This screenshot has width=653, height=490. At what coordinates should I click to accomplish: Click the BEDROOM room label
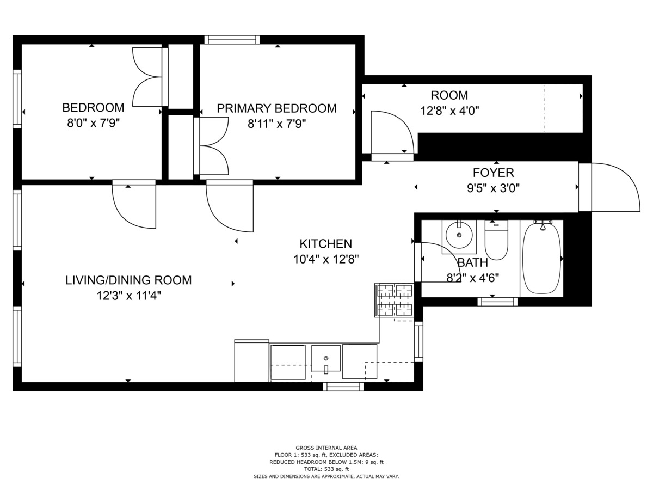93,107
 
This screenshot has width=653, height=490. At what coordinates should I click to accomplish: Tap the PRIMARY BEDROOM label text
276,108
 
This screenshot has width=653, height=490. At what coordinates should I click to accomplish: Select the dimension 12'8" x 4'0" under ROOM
449,111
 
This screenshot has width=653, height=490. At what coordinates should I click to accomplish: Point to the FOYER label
494,173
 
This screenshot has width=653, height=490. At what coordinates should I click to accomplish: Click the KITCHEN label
326,244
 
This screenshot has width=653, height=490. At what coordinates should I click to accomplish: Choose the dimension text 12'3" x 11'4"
129,296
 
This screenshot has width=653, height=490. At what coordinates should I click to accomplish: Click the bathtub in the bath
542,258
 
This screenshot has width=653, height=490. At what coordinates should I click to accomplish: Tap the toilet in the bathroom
496,240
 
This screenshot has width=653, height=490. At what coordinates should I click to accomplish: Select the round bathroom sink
459,236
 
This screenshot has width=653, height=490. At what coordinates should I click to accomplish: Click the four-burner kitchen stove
395,300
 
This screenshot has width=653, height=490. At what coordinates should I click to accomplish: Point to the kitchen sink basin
326,358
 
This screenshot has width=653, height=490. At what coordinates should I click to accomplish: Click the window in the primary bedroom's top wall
232,40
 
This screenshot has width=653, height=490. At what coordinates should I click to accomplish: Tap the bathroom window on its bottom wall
497,302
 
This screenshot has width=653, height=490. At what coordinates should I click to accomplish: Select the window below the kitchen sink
343,387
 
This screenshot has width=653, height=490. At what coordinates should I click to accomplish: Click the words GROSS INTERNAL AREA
326,448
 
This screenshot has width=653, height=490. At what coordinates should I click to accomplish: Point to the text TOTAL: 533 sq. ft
326,469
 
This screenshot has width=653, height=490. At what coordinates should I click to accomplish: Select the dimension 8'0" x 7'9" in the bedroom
93,123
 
